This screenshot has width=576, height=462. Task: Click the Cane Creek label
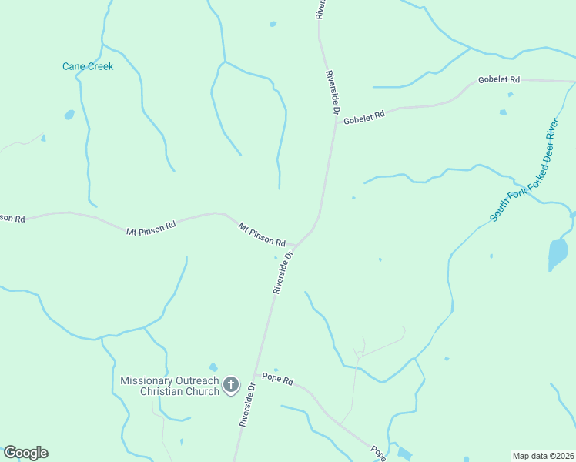click(x=88, y=66)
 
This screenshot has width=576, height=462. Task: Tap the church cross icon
click(x=230, y=384)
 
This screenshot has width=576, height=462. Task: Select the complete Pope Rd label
click(x=278, y=379)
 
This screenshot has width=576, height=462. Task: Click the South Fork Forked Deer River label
click(x=524, y=170)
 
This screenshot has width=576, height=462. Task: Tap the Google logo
click(x=25, y=453)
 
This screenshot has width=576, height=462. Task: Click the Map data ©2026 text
click(x=543, y=456)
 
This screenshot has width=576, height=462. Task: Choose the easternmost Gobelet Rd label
click(x=499, y=79)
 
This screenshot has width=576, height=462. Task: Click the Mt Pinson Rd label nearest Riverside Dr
click(x=262, y=234)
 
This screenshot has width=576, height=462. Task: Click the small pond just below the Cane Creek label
click(x=69, y=115)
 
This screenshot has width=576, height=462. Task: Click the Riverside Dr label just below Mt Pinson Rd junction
click(x=283, y=272)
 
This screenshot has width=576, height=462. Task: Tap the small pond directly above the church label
click(x=213, y=367)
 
